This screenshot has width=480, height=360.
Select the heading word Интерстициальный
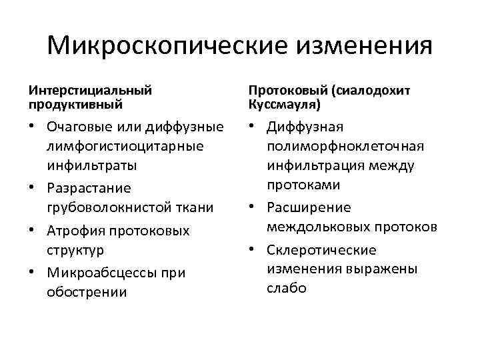(x=90, y=89)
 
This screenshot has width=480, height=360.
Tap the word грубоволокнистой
(x=104, y=207)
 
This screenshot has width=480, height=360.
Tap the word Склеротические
(x=321, y=251)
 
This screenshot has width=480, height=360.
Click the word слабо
(x=287, y=289)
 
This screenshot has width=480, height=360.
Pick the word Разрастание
(x=89, y=189)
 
